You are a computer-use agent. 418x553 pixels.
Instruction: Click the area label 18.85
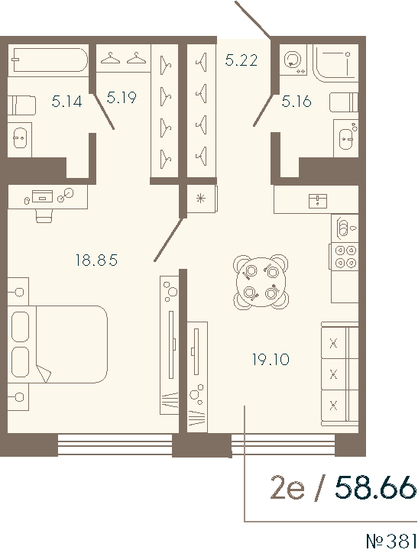click(x=96, y=260)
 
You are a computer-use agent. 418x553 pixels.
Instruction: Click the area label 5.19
click(x=122, y=97)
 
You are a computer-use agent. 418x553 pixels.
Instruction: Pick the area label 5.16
click(x=296, y=99)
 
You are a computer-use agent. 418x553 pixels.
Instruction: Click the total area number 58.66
click(x=377, y=487)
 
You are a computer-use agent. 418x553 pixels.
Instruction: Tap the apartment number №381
click(x=392, y=541)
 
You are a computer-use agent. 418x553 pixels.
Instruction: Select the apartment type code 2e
click(x=287, y=487)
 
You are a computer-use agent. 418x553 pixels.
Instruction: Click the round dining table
click(x=261, y=281)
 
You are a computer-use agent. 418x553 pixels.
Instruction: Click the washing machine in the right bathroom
click(x=293, y=61)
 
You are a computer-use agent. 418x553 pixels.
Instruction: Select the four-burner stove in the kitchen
click(x=345, y=256)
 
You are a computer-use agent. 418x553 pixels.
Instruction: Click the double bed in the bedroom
click(x=57, y=344)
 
